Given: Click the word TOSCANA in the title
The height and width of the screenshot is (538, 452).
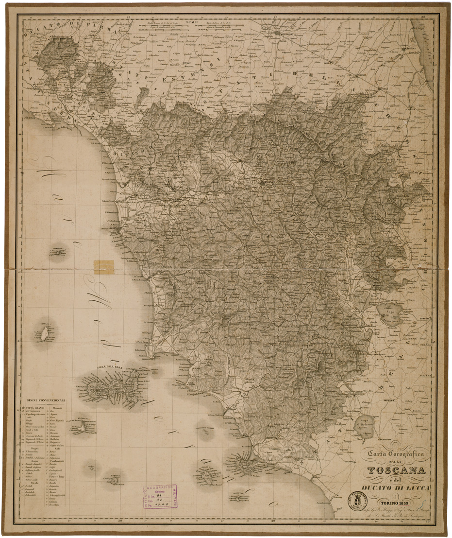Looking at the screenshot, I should (x=397, y=470).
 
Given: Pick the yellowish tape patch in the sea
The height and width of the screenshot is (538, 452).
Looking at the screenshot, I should (x=103, y=267).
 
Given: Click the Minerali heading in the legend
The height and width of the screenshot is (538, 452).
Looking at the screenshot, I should (x=56, y=408).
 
